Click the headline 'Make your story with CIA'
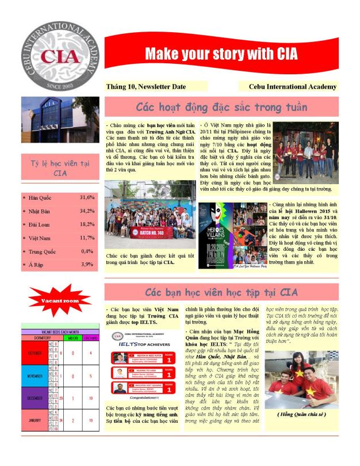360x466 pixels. tap(221, 54)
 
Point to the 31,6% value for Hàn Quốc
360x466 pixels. tap(87, 198)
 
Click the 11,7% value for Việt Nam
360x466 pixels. tap(87, 238)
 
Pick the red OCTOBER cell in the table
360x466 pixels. tap(36, 353)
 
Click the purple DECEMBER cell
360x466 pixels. tap(36, 398)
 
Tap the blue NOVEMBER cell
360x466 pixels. tap(36, 376)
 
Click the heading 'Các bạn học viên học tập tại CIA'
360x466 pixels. tap(221, 292)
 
